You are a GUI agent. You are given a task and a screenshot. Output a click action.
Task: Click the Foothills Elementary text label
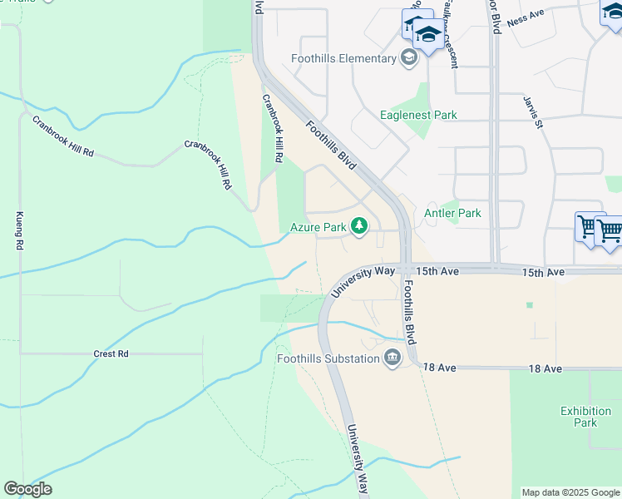pos(343,58)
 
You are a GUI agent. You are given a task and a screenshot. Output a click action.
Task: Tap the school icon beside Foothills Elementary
pos(408,57)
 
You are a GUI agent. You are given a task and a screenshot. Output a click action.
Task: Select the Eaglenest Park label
pos(418,115)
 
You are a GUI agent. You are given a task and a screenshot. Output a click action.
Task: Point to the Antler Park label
pos(453,213)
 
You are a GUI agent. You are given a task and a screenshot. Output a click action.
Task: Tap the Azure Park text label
pos(317,226)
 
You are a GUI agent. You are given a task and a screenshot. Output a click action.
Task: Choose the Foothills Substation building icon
pos(392,358)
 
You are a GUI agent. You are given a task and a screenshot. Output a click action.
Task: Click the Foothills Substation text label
pos(328,358)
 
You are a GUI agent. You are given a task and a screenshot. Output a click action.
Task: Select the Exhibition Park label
pos(585,417)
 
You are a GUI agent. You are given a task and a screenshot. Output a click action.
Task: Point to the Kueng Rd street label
pos(18,231)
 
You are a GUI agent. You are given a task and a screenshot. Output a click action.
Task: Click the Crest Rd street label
pos(111,353)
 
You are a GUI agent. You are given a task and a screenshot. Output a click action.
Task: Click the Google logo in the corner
pos(27,489)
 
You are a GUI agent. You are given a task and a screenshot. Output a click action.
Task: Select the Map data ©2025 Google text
pos(570,492)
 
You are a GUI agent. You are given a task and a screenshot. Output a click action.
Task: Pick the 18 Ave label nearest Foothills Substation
pos(440,367)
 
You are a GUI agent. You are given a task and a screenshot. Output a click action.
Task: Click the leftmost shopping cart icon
pos(589,226)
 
